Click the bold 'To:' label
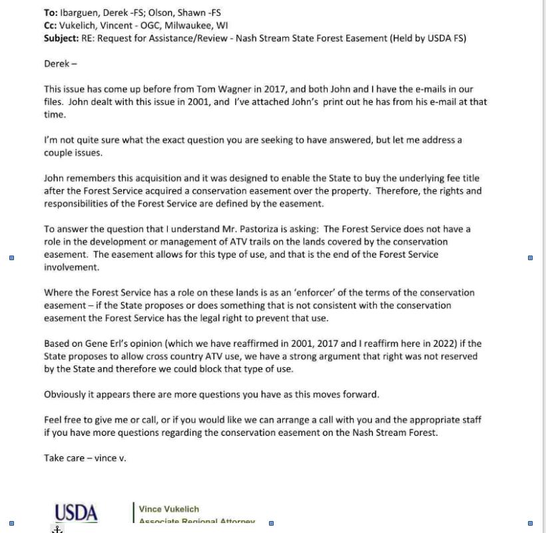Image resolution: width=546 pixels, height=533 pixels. (x=51, y=13)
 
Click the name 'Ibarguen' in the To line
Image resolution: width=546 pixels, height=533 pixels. (x=79, y=13)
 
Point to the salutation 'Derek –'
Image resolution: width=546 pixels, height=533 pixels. (x=61, y=64)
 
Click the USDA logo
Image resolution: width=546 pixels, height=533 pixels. (x=77, y=513)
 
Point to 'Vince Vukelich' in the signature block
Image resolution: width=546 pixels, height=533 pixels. (x=169, y=509)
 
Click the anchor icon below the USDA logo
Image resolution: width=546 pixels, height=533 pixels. (x=58, y=529)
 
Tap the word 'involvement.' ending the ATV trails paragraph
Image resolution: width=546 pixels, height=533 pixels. (x=71, y=267)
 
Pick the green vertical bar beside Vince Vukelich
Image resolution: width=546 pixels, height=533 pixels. (x=134, y=512)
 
